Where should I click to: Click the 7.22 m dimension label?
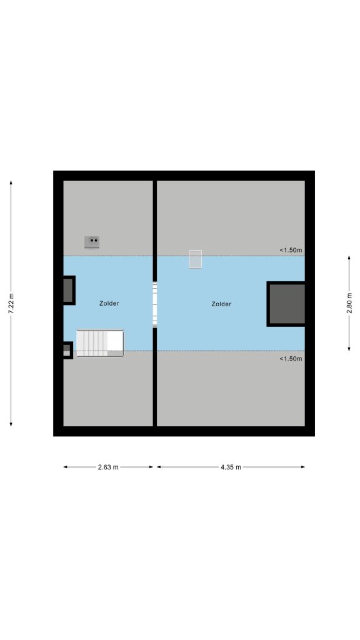point(11,304)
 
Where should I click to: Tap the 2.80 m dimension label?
point(349,303)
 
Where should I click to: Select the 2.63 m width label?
point(108,467)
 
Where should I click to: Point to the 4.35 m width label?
point(231,467)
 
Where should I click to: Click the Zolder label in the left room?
point(109,303)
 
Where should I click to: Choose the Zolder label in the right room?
point(222,304)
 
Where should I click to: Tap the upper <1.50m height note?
point(291,250)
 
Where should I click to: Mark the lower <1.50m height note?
point(291,359)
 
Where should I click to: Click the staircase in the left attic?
point(100,343)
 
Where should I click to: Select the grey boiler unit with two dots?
point(92,242)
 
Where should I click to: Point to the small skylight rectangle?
point(195,259)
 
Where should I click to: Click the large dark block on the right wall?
point(286,304)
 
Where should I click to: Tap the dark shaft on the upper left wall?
point(69,290)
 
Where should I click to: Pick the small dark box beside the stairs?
point(67,350)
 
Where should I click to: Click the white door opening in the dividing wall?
point(155,304)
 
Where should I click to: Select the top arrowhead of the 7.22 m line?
point(11,182)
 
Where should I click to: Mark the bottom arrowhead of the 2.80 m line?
point(349,349)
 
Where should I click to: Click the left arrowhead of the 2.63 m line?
point(65,467)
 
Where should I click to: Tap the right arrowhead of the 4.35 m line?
point(303,467)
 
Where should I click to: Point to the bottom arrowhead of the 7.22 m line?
point(11,424)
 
